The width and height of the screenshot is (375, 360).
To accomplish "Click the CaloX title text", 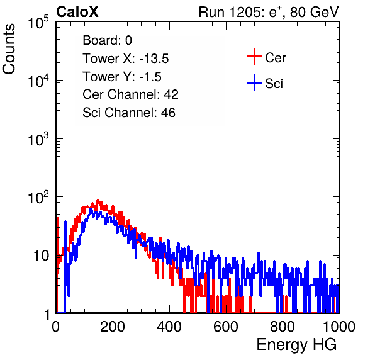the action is (77, 11).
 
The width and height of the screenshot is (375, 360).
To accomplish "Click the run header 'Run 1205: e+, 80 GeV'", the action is (269, 12).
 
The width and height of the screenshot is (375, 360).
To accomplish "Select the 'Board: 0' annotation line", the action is (107, 40).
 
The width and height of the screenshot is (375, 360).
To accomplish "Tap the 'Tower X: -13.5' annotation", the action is (126, 59).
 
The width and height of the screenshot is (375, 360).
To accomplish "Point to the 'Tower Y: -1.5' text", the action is (122, 77).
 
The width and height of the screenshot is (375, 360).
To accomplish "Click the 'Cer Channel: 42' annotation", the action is (130, 94).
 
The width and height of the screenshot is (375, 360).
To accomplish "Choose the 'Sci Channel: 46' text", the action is (129, 113).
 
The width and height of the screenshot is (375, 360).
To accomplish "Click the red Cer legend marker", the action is (254, 57).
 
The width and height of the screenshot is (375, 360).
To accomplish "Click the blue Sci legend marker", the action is (254, 82).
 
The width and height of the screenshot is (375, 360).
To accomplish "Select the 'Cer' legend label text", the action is (275, 58).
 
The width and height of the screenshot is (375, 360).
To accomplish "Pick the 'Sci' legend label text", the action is (274, 84).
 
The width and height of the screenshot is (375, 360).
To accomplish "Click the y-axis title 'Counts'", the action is (9, 49).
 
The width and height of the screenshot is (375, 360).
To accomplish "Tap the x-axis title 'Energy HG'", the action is (296, 344).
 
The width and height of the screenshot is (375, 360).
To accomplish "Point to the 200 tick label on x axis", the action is (113, 327).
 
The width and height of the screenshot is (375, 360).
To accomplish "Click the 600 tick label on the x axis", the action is (226, 327).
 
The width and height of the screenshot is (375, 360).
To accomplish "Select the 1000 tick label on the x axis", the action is (339, 327).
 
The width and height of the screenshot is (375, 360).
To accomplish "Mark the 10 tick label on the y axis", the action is (42, 256).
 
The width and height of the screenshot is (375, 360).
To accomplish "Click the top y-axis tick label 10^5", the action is (38, 22).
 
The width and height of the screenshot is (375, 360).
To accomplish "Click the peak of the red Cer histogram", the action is (98, 200).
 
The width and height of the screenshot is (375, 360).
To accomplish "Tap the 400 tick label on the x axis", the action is (169, 327).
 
